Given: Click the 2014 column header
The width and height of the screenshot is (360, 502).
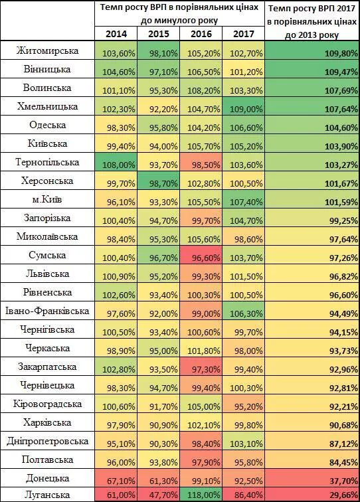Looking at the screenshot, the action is pyautogui.click(x=116, y=34).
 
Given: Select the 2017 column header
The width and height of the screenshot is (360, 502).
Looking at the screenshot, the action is pyautogui.click(x=243, y=34).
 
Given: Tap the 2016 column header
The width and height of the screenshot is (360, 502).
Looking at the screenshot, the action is pyautogui.click(x=201, y=34).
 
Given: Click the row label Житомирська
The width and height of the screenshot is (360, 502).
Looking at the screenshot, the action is pyautogui.click(x=47, y=50).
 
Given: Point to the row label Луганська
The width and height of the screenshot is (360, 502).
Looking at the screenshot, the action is pyautogui.click(x=47, y=495).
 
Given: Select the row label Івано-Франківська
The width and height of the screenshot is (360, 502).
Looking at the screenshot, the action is pyautogui.click(x=47, y=311).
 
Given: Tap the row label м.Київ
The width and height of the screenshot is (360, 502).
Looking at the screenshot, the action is pyautogui.click(x=47, y=199).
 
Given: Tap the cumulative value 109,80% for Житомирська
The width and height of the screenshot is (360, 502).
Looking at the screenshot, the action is pyautogui.click(x=341, y=54).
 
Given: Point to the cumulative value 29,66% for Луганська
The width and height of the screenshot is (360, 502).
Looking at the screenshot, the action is pyautogui.click(x=343, y=495).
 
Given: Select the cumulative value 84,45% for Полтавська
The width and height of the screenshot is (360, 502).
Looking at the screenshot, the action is pyautogui.click(x=343, y=462).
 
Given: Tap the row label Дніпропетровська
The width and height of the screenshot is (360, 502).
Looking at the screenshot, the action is pyautogui.click(x=47, y=441).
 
